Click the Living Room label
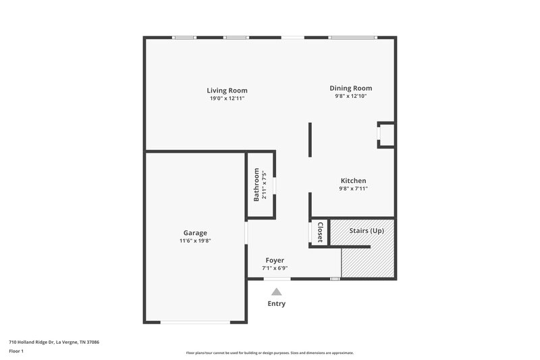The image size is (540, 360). coord(227,90)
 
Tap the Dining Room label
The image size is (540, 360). coord(350,88)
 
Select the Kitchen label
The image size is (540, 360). coord(353,180)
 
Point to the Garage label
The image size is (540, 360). coord(195,232)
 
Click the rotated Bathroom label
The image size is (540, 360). coord(256,185)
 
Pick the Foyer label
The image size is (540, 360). coord(275,260)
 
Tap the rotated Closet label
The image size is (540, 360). coord(320,232)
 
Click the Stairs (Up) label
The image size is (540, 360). coord(367,230)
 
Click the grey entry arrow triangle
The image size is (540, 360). coord(276,292)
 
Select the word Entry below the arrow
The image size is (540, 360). coord(276,304)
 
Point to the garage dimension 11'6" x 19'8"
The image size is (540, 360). coord(195,240)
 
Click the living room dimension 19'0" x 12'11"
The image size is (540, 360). coord(227,99)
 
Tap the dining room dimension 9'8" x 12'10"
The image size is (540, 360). coord(350,97)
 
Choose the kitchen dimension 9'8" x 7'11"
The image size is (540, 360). coord(353,189)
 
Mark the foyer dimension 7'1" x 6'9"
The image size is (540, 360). coord(275,268)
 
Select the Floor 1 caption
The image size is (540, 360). coord(18,351)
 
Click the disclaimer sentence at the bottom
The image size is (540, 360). coord(269,353)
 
